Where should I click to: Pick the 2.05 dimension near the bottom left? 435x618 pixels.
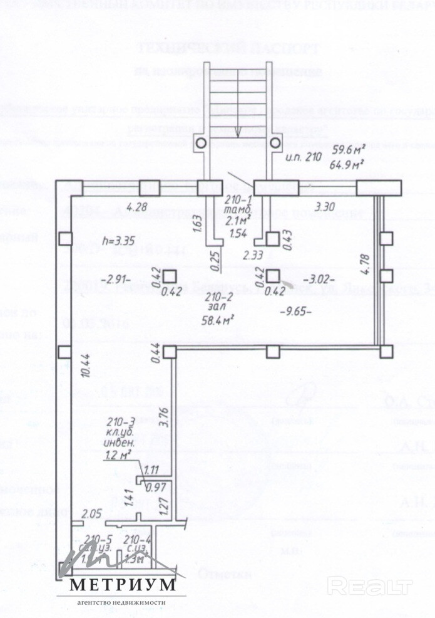[x=91, y=514]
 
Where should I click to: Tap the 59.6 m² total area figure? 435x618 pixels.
[x=348, y=151]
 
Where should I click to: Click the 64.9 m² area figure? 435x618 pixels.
[x=348, y=165]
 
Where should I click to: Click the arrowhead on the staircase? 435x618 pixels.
[x=238, y=133]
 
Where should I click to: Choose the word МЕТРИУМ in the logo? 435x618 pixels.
[x=122, y=585]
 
